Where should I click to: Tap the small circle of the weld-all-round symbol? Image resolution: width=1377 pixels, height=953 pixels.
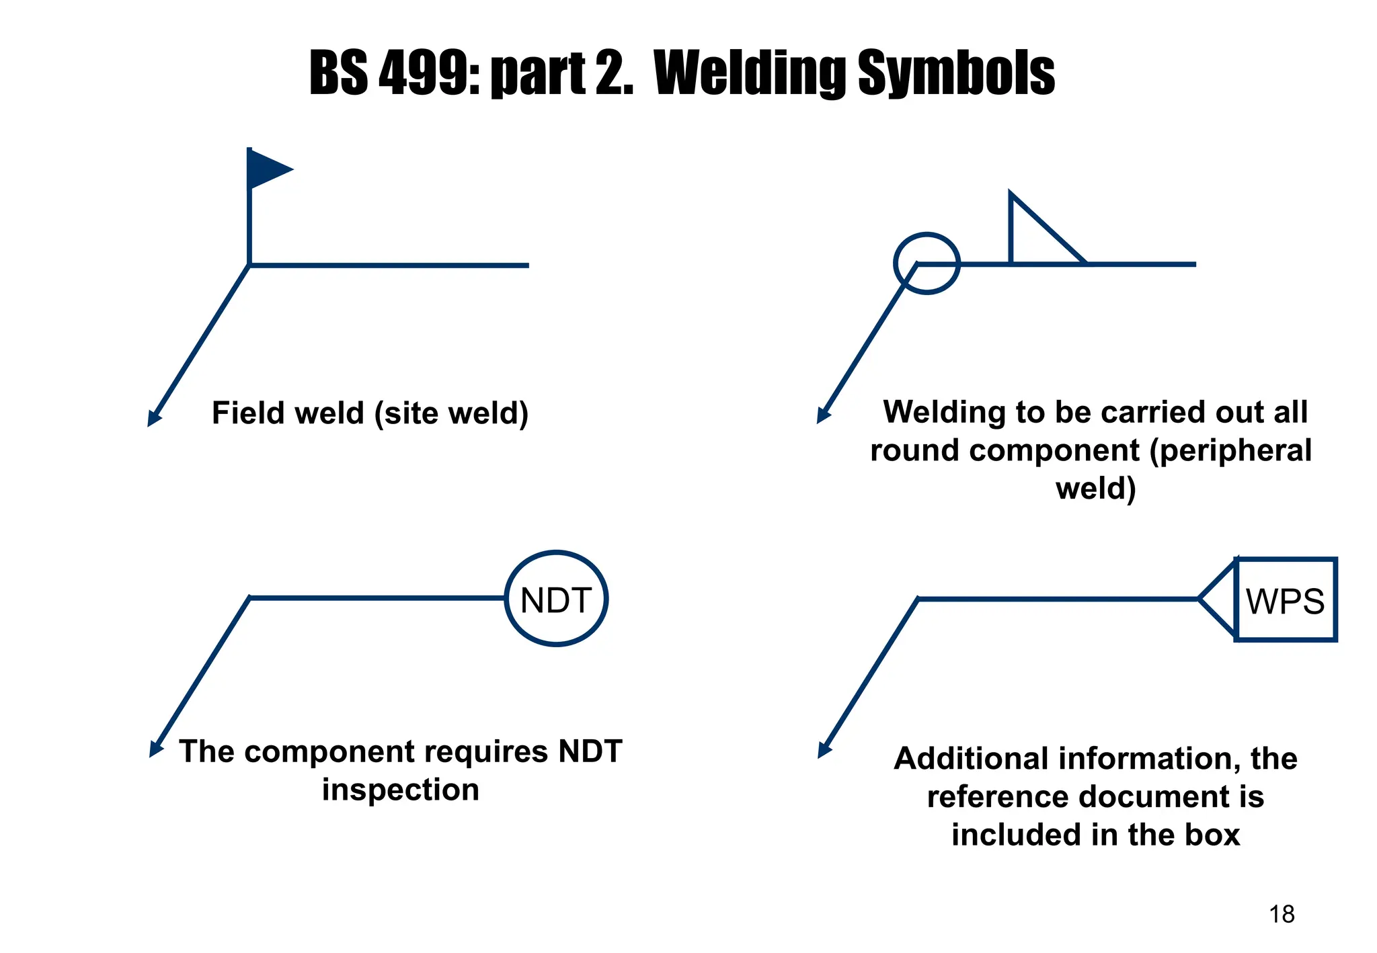[x=927, y=263]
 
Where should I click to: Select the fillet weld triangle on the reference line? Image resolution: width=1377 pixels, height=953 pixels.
[x=1036, y=239]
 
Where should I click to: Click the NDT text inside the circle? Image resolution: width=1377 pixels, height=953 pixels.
[x=555, y=600]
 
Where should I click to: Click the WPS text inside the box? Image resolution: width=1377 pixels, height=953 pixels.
[x=1285, y=601]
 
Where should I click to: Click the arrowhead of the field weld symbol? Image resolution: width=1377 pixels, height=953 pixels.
[x=153, y=419]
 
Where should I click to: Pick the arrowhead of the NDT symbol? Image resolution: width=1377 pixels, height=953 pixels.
[x=155, y=750]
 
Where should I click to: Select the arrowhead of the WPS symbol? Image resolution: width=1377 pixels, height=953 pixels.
[x=824, y=751]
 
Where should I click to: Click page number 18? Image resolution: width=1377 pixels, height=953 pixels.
[x=1282, y=914]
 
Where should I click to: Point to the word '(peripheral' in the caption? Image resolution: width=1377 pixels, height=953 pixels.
[x=1230, y=450]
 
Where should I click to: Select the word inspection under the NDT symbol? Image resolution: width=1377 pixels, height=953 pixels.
[x=400, y=789]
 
